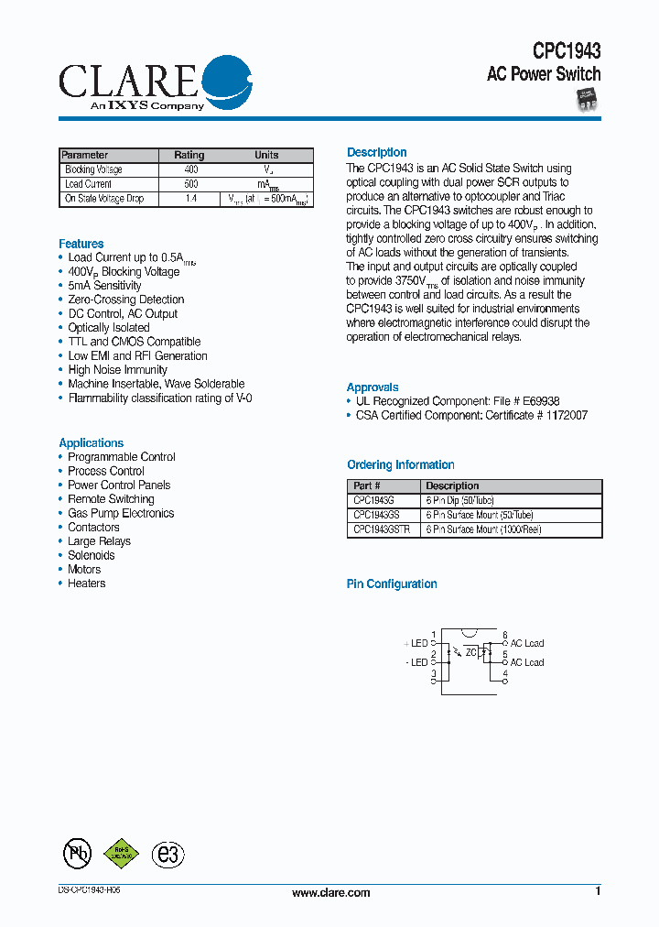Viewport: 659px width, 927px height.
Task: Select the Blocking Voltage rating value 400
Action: pyautogui.click(x=190, y=170)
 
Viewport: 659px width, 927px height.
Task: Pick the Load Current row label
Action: pyautogui.click(x=89, y=184)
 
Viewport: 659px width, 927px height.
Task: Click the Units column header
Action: pyautogui.click(x=266, y=155)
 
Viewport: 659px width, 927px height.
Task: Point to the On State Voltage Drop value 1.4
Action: pyautogui.click(x=190, y=199)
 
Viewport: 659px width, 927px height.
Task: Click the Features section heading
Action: pyautogui.click(x=81, y=244)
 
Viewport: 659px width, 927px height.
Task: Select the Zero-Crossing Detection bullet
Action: pyautogui.click(x=125, y=300)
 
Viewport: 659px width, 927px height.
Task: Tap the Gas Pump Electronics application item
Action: pyautogui.click(x=120, y=513)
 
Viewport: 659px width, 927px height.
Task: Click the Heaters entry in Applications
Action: pyautogui.click(x=86, y=583)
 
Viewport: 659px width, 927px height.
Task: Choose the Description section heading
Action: pyautogui.click(x=376, y=152)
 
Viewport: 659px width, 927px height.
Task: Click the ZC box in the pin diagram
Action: pyautogui.click(x=471, y=652)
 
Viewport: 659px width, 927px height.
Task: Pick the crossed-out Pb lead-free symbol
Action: pyautogui.click(x=77, y=854)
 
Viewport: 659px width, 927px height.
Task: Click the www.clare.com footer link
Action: pyautogui.click(x=330, y=892)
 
